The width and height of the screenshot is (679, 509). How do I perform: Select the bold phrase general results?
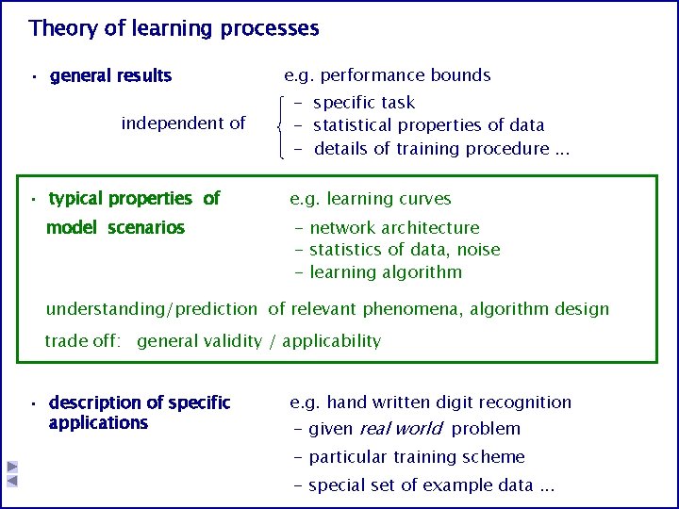110,75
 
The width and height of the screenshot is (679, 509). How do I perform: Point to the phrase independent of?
183,123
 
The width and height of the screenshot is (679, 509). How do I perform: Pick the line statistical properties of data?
428,124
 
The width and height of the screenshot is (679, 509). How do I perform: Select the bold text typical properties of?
134,198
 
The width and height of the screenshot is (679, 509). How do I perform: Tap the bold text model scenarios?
115,227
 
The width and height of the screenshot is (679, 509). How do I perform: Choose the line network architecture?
394,227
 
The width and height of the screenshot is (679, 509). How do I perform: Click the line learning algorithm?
386,272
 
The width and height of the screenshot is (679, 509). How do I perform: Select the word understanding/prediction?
151,308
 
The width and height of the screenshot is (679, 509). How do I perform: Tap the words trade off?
83,340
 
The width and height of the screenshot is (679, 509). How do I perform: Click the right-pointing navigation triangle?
12,467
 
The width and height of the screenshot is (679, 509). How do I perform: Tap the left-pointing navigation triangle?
12,481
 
